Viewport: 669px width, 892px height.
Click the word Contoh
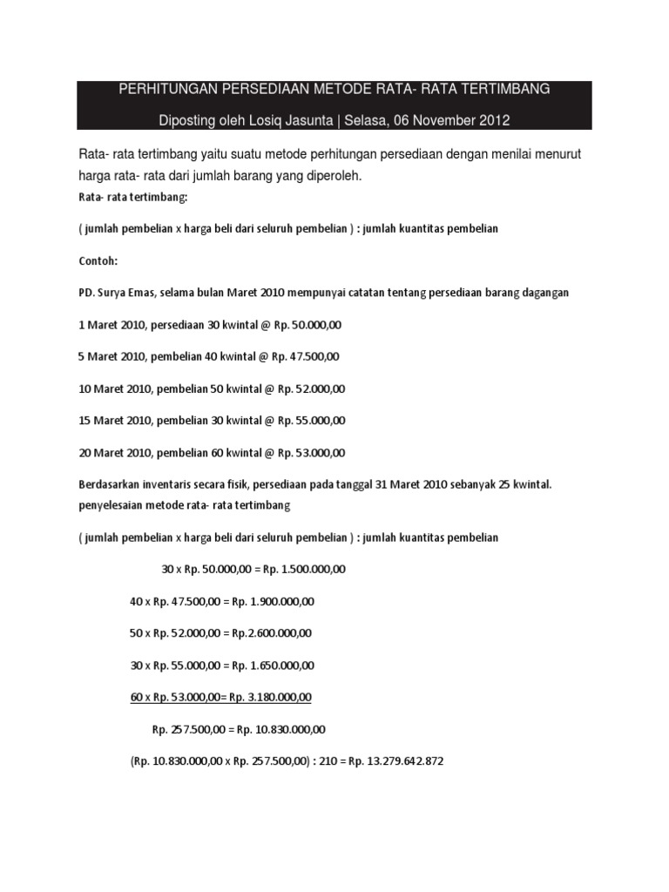pyautogui.click(x=98, y=260)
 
